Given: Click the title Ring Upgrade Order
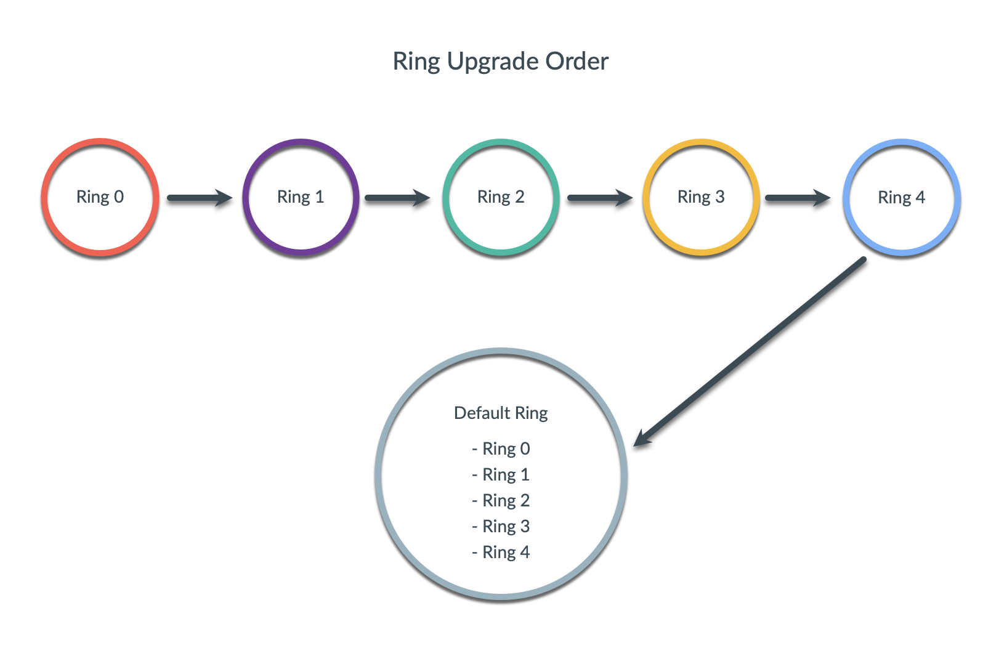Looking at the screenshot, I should [x=500, y=62].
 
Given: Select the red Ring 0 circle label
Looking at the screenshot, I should [x=100, y=197].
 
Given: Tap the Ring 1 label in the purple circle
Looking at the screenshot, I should [x=301, y=197].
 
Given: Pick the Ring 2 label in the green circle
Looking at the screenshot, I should [x=501, y=197].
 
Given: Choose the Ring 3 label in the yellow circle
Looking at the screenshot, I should [x=701, y=197].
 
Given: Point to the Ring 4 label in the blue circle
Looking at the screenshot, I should [x=901, y=198].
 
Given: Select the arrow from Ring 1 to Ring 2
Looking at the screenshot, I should [x=397, y=198].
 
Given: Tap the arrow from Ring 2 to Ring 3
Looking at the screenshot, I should [x=599, y=198].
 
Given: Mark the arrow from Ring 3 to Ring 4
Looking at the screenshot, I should [x=797, y=198].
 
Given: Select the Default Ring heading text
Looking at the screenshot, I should [x=501, y=413].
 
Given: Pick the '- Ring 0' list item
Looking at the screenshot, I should [x=501, y=448].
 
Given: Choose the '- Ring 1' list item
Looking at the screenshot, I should [x=501, y=474].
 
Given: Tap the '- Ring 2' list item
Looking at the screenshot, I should [x=501, y=500].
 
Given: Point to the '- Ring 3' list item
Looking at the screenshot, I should [x=501, y=526].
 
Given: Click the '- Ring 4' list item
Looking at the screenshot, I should [x=501, y=552].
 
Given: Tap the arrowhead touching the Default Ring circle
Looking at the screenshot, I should [x=642, y=438].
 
